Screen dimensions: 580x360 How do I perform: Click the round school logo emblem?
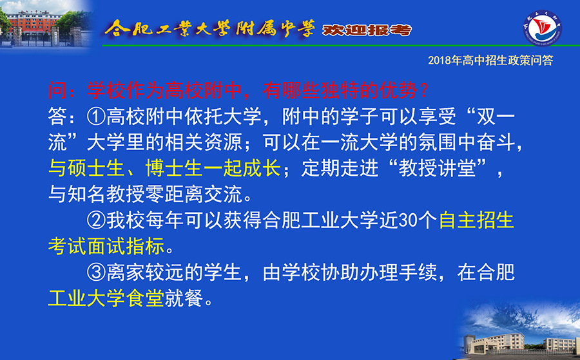pos(543,28)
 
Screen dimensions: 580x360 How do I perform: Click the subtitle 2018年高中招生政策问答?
pos(490,61)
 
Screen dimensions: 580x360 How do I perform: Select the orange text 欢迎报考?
pos(367,30)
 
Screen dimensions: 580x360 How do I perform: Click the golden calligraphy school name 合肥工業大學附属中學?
pos(209,28)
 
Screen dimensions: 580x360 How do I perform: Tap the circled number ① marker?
pos(97,117)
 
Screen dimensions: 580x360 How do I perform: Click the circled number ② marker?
pos(97,220)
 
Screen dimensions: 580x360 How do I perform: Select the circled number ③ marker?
pos(97,272)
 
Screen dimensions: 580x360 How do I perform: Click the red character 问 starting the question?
pos(57,90)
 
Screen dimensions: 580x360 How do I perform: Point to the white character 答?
pos(57,117)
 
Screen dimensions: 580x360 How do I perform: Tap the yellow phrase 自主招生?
pos(476,220)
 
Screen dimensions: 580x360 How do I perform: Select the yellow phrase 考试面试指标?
pos(106,246)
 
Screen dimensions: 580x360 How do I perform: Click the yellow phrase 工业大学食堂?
pos(106,298)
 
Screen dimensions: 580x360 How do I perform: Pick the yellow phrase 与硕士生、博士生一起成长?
pos(164,169)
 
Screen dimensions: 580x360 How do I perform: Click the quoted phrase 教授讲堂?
pos(437,169)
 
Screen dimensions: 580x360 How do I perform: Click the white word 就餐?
pos(184,298)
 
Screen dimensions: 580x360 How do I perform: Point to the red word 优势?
pos(398,90)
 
